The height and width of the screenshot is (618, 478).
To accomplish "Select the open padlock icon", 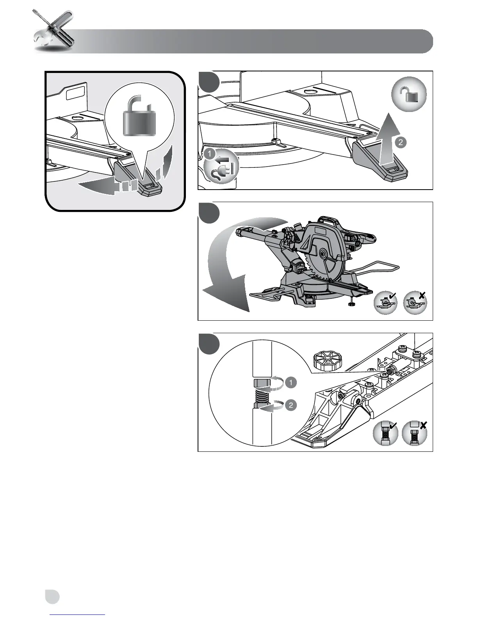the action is click(x=408, y=94).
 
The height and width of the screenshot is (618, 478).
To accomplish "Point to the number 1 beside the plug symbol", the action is click(x=210, y=154).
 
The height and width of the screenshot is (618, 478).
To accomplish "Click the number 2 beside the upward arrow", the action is click(x=401, y=142).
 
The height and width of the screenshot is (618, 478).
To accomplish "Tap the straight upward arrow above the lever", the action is click(x=387, y=137).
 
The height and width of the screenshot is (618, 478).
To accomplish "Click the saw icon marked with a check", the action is click(x=386, y=303).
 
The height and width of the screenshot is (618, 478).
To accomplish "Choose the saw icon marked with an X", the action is click(x=415, y=303).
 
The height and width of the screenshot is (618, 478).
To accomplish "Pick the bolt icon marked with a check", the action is click(x=385, y=433).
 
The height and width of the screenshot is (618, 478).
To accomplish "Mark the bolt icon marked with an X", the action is click(x=415, y=433).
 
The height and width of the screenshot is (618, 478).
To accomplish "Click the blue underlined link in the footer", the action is click(x=78, y=615).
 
